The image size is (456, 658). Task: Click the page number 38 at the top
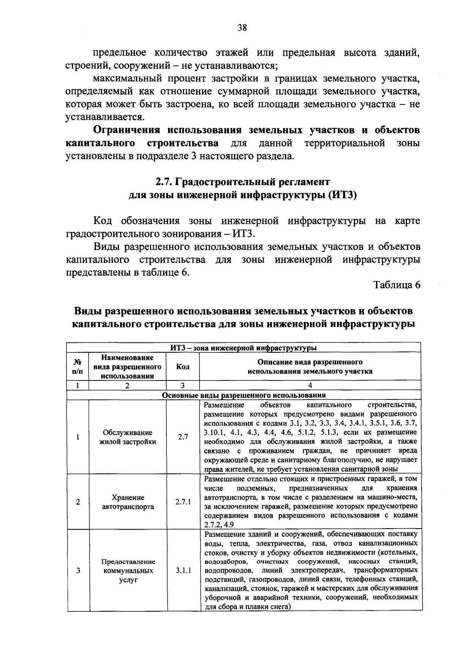pyautogui.click(x=242, y=27)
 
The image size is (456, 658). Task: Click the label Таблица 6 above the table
pyautogui.click(x=397, y=285)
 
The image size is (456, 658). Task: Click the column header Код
pyautogui.click(x=183, y=366)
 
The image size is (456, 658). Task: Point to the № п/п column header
pyautogui.click(x=78, y=366)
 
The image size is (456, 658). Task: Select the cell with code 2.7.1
pyautogui.click(x=183, y=502)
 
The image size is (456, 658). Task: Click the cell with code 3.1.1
pyautogui.click(x=183, y=570)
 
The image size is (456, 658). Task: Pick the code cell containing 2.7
pyautogui.click(x=183, y=437)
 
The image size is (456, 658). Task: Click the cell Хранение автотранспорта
pyautogui.click(x=128, y=502)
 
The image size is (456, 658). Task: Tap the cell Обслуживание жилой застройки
pyautogui.click(x=128, y=437)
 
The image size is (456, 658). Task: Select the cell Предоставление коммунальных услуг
pyautogui.click(x=128, y=570)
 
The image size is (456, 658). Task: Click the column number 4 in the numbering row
pyautogui.click(x=310, y=385)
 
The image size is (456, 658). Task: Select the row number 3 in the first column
pyautogui.click(x=78, y=570)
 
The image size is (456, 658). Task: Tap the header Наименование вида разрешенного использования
pyautogui.click(x=128, y=366)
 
